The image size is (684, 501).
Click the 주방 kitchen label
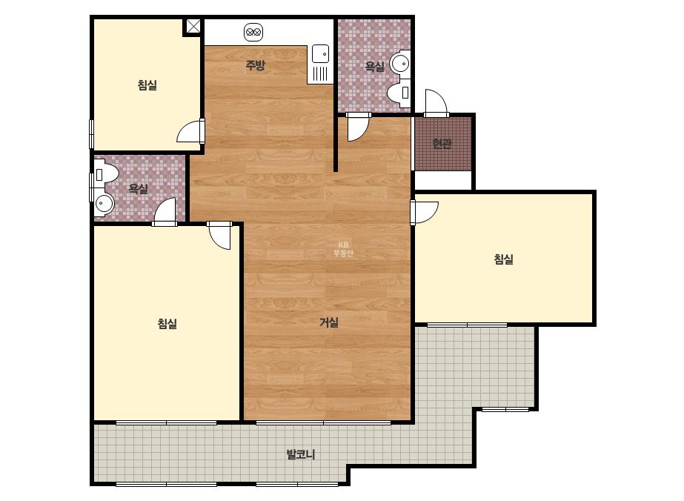pos(255,65)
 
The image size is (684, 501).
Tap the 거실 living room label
pos(329,322)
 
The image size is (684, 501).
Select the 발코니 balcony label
pos(301,454)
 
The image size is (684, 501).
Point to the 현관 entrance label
pos(442,143)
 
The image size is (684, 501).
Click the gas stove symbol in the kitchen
pos(253,32)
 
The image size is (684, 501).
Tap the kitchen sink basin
pos(320,54)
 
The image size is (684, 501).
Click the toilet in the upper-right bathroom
pos(399,93)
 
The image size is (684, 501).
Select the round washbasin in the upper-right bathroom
pos(400,64)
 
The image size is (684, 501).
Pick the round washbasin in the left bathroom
pos(104,203)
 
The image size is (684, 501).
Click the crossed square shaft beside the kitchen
pos(193,26)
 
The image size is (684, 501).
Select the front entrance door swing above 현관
pos(436,102)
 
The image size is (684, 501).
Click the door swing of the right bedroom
pos(425,213)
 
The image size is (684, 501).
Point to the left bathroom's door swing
pos(165,212)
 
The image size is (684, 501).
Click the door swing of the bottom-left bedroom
pos(219,236)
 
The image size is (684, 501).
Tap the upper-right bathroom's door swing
pos(358,127)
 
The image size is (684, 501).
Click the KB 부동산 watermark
pos(343,249)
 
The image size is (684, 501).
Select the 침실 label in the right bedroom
pos(503,259)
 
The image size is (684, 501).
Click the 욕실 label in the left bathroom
pos(139,188)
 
